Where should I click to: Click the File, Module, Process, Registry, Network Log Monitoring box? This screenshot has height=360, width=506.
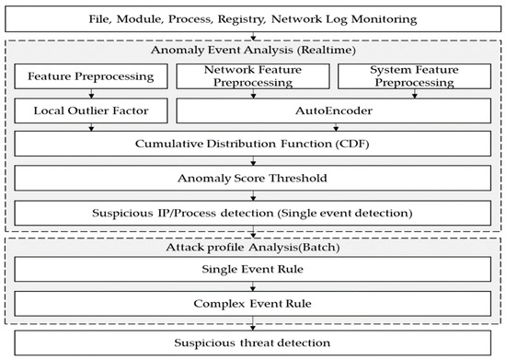point(252,18)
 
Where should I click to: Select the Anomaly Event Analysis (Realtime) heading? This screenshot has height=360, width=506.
point(252,52)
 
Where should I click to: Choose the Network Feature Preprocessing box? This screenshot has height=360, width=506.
point(251,76)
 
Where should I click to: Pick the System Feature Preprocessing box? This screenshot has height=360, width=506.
point(413,76)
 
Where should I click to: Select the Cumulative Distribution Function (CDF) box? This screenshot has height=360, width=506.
point(252,145)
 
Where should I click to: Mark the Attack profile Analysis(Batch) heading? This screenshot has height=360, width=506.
point(252,250)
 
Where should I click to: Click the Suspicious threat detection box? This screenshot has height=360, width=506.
point(252,343)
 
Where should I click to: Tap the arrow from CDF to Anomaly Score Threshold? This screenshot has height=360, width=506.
point(252,162)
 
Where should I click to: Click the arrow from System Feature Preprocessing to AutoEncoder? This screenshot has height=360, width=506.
point(413,94)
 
